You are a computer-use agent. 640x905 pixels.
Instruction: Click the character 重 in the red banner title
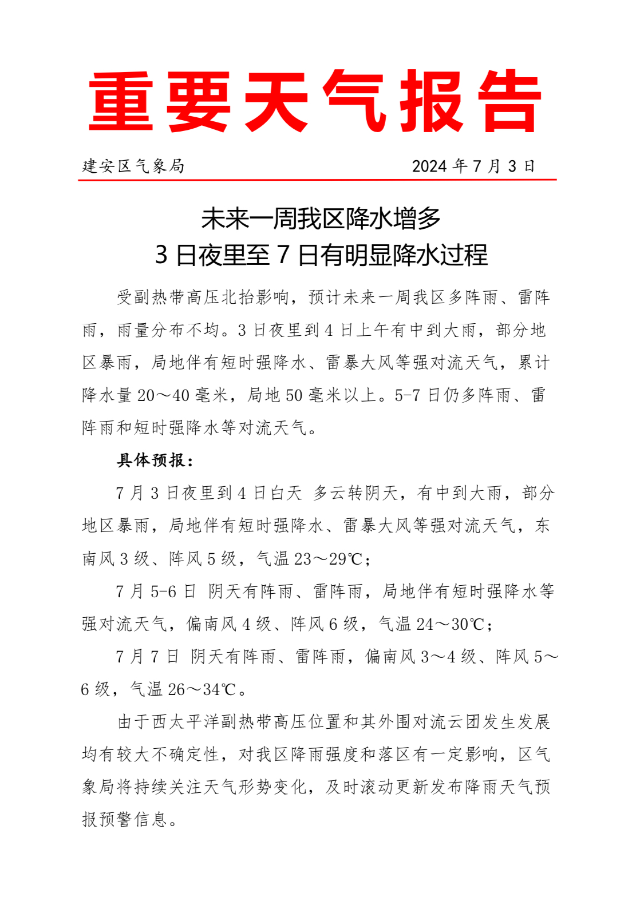coord(121,102)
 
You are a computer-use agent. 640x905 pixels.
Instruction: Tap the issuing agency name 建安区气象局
coord(133,166)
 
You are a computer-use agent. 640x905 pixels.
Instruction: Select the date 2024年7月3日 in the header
coord(473,166)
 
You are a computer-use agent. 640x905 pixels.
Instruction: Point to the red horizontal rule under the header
coord(317,180)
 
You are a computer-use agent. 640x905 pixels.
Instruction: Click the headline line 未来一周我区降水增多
coord(321,219)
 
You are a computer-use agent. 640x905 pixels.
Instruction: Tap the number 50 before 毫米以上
coord(294,395)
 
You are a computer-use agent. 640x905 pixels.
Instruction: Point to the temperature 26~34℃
coord(202,689)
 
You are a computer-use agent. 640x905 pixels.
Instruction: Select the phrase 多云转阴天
coord(355,493)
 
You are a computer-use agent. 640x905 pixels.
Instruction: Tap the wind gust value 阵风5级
coord(203,559)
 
